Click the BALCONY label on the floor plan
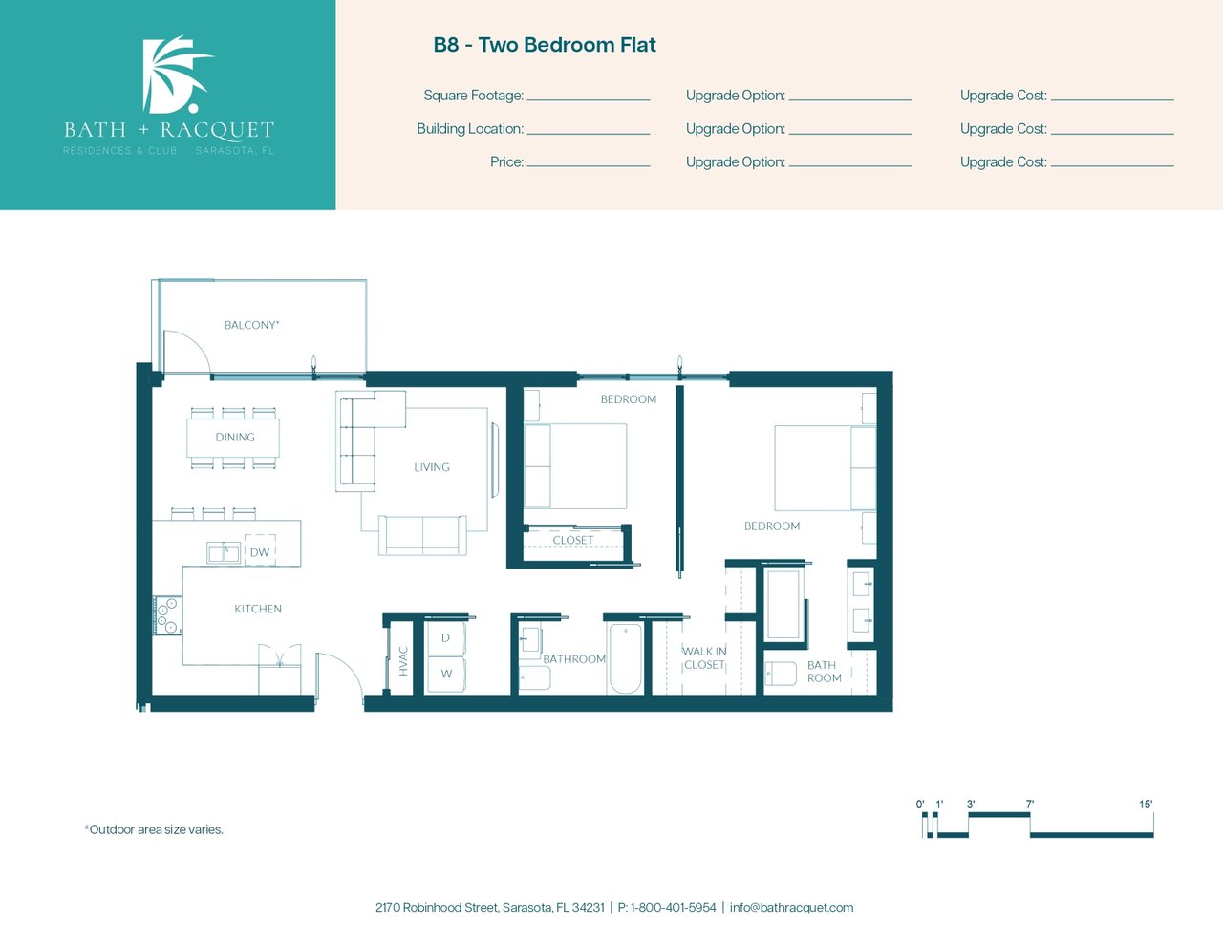click(x=251, y=325)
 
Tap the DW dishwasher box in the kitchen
click(x=260, y=549)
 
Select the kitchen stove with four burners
click(x=168, y=615)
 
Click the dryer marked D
click(x=446, y=637)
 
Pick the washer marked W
click(x=446, y=674)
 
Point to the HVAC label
click(x=403, y=661)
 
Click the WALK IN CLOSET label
click(x=704, y=658)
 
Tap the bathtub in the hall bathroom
click(x=625, y=657)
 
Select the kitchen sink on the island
click(x=224, y=552)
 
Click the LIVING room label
click(x=432, y=467)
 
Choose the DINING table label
click(x=235, y=438)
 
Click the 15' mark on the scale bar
click(x=1146, y=805)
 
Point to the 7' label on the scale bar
click(x=1029, y=805)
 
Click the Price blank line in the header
click(x=589, y=166)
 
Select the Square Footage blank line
click(x=589, y=99)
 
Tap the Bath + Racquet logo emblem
click(x=176, y=75)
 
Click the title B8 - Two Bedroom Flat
click(x=545, y=45)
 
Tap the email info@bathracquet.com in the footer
click(x=791, y=908)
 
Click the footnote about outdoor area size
click(x=154, y=829)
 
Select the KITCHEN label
click(x=258, y=609)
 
